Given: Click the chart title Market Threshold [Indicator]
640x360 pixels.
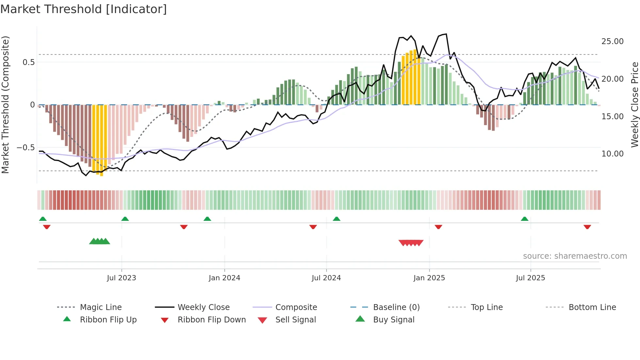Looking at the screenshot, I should pos(84,9).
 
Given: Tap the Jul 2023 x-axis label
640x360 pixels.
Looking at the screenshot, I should pos(121,278).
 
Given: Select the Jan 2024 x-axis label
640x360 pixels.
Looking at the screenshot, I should pos(224,278).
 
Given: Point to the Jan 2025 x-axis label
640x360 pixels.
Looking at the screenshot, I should pos(429,278).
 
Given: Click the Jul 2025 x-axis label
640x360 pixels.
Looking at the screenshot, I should pos(530,278).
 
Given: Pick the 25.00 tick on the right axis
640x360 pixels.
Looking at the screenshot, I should pos(612,41).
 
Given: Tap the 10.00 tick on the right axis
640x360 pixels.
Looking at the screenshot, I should pos(612,154).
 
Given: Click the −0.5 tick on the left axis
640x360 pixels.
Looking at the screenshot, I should pos(25,148).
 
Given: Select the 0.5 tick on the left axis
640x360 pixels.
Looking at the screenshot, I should pos(28,62).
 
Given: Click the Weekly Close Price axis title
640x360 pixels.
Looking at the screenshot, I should pos(634,105).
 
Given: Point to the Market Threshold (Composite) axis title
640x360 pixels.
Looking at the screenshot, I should pos(5,105).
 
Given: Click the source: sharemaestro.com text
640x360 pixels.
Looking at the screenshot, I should pos(575,256).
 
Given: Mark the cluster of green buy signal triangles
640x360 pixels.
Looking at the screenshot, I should pos(100,241).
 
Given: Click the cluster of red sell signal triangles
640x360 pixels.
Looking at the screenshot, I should pos(411,243).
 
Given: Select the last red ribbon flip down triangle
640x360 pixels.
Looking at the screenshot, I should pos(587,227).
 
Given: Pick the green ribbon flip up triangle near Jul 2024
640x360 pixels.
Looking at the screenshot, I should pos(336,219).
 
